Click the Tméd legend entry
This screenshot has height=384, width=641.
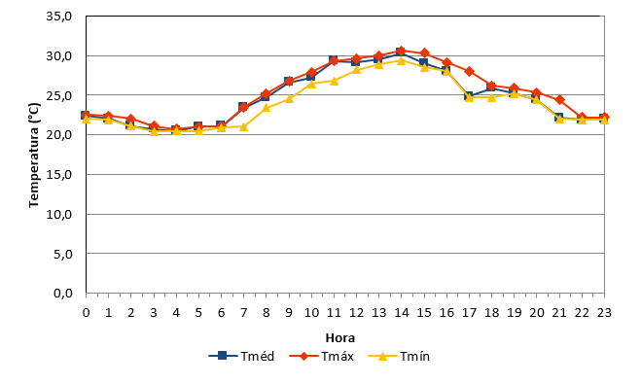(241, 356)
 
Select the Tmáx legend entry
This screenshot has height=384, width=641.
(321, 356)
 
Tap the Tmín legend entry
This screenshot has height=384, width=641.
(399, 356)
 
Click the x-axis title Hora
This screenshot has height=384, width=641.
(340, 338)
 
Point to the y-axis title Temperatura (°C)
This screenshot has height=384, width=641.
(34, 156)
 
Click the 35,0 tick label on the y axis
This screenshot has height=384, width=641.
(59, 17)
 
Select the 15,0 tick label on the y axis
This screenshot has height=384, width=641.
(59, 175)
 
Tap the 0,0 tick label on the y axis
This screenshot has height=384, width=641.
(62, 294)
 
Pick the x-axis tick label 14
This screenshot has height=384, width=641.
(402, 313)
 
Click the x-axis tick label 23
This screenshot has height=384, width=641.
(604, 313)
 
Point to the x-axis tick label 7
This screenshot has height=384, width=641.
(243, 313)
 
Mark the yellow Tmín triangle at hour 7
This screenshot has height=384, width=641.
(243, 126)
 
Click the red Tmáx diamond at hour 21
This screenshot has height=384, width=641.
(559, 100)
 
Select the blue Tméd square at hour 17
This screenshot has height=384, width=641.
(469, 96)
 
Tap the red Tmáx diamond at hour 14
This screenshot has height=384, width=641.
(402, 52)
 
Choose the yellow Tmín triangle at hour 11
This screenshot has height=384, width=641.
(334, 81)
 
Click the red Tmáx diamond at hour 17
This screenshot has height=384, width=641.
(469, 71)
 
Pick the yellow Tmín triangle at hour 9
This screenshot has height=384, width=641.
(289, 98)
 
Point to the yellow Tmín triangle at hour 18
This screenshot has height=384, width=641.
(492, 97)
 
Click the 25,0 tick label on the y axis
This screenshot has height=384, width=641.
(59, 95)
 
